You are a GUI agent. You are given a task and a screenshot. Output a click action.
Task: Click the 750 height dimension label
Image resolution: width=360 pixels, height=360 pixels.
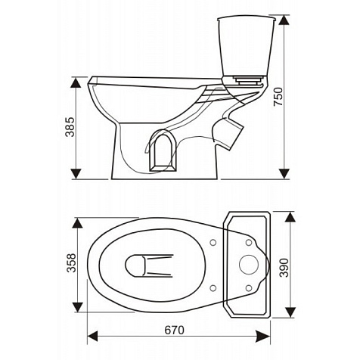pyautogui.click(x=278, y=97)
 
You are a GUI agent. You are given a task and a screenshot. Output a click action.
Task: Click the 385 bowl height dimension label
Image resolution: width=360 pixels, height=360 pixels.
pyautogui.click(x=70, y=127)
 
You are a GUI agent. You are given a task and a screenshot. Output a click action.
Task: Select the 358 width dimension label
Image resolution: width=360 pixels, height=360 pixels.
pyautogui.click(x=71, y=263)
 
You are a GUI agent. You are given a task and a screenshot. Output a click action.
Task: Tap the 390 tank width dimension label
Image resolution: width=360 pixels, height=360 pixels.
pyautogui.click(x=284, y=268)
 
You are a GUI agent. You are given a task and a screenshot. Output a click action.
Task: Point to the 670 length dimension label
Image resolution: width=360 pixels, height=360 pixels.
pyautogui.click(x=175, y=330)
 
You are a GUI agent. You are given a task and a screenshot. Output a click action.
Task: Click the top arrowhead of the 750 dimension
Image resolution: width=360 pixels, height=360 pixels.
pyautogui.click(x=284, y=20)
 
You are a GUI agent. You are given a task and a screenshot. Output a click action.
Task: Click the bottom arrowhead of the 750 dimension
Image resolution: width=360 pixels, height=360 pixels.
pyautogui.click(x=284, y=174)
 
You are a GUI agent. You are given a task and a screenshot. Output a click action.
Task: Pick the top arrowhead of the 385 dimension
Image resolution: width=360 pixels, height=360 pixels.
pyautogui.click(x=76, y=82)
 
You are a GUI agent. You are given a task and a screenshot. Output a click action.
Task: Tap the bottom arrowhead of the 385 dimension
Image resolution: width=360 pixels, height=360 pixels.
pyautogui.click(x=76, y=174)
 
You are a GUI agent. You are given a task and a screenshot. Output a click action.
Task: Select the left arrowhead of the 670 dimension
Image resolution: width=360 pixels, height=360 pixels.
pyautogui.click(x=92, y=337)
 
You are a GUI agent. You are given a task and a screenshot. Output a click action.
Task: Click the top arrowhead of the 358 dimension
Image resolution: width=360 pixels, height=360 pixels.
pyautogui.click(x=77, y=223)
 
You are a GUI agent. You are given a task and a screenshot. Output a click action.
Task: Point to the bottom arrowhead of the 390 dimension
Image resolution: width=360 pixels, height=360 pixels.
pyautogui.click(x=290, y=312)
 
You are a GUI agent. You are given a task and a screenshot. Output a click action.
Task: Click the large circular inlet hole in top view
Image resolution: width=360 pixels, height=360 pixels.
pyautogui.click(x=249, y=265)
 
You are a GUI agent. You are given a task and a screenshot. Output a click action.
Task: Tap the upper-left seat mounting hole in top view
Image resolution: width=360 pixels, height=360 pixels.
pyautogui.click(x=213, y=243)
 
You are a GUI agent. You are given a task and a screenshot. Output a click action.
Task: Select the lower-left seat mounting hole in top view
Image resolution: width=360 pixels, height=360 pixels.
pyautogui.click(x=213, y=288)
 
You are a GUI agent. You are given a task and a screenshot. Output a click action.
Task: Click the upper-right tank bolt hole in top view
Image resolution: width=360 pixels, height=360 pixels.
pyautogui.click(x=249, y=243)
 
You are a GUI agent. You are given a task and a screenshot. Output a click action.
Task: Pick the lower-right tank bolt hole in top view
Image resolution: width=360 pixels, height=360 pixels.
pyautogui.click(x=249, y=288)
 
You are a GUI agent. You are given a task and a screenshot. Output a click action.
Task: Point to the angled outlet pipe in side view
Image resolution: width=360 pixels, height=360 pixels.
pyautogui.click(x=229, y=134)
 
